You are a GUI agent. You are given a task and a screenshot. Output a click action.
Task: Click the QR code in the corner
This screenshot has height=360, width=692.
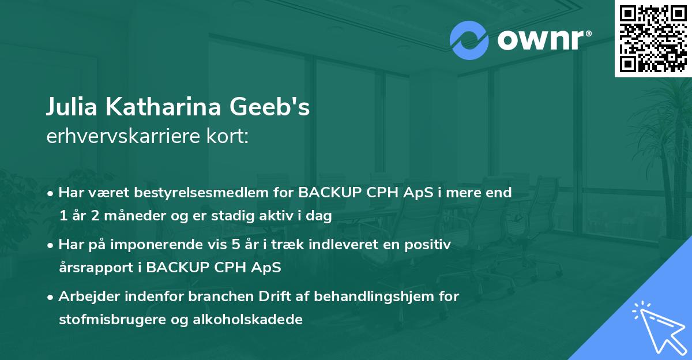pos(653,39)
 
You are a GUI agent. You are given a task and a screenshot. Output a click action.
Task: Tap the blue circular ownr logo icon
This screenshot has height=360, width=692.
pos(469,40)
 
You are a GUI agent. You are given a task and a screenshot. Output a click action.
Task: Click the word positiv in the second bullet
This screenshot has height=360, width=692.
pos(430,245)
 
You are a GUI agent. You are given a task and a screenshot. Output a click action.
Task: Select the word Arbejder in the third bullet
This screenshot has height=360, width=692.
pos(86,297)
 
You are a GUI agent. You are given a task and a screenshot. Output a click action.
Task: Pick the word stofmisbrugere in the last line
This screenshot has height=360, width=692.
pos(103,320)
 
